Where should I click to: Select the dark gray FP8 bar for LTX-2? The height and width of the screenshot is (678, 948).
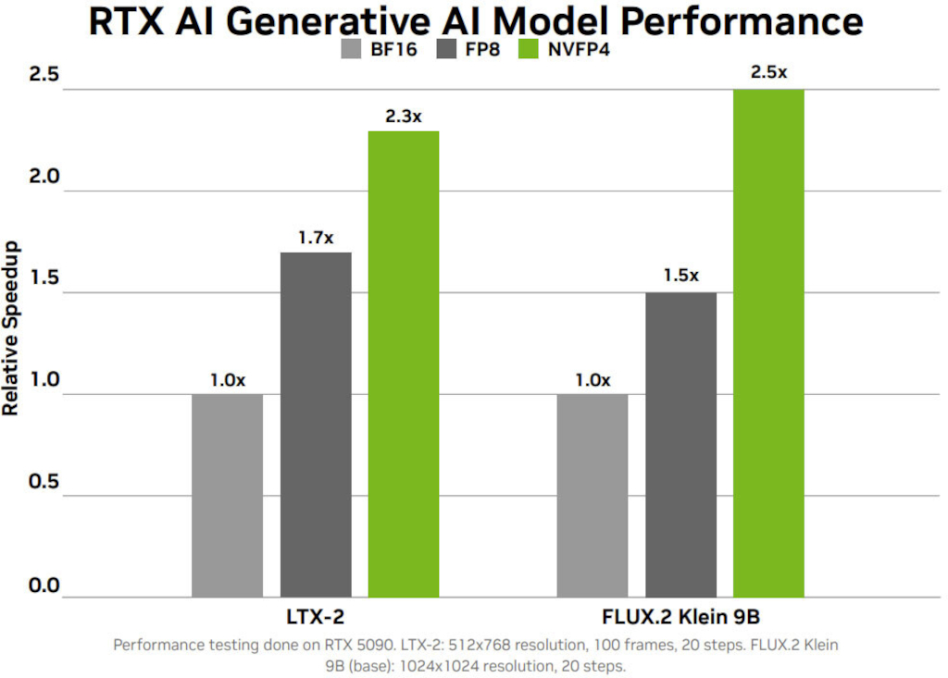316,425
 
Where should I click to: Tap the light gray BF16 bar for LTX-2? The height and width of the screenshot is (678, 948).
228,495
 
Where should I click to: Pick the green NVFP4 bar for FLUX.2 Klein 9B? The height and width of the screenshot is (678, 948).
768,343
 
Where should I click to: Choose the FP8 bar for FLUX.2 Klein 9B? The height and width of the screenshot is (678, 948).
680,444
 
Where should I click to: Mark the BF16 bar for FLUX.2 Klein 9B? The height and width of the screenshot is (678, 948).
592,495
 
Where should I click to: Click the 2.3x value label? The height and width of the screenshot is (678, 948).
404,117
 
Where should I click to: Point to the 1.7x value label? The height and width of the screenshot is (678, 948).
316,239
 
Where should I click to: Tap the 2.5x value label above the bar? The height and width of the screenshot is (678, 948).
768,72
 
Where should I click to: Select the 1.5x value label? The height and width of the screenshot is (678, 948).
680,277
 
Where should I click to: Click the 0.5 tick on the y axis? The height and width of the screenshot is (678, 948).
44,481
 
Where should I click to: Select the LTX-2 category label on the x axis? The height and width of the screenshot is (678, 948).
316,617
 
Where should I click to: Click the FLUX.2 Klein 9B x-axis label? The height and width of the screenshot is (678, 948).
680,617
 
